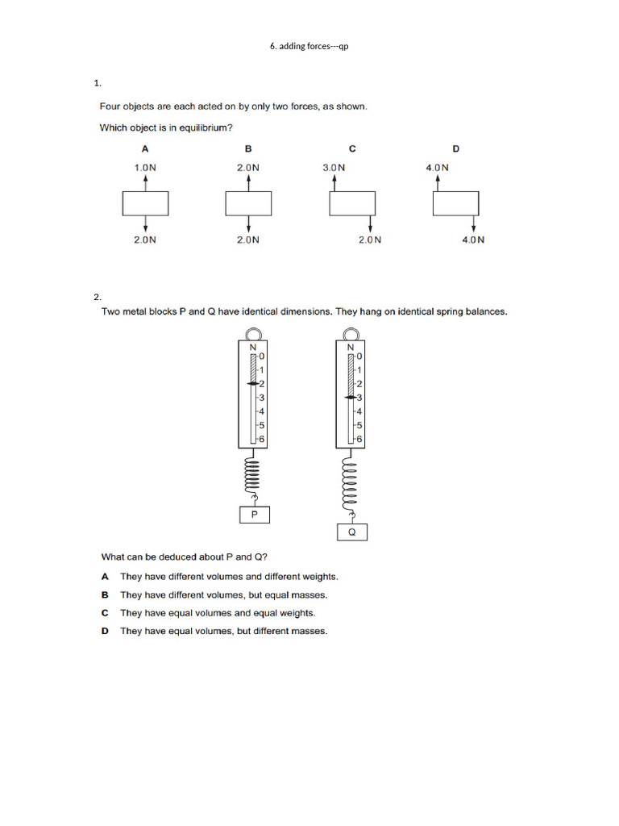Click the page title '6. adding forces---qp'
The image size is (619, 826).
[x=309, y=46]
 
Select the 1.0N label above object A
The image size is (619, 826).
[x=145, y=167]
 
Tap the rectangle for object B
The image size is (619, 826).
[x=248, y=203]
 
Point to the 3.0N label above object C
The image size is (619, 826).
[x=334, y=167]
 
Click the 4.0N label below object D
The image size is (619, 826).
[x=473, y=240]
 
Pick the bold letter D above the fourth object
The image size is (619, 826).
[x=456, y=149]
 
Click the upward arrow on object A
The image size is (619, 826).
[x=145, y=183]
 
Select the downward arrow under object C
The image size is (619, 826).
[x=370, y=224]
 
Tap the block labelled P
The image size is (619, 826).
[x=254, y=515]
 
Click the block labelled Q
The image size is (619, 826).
[x=351, y=533]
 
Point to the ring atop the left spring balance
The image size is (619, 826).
[x=252, y=334]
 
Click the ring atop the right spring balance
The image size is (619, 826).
[x=350, y=334]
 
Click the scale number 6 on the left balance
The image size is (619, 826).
[x=261, y=439]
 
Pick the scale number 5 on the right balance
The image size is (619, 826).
[x=359, y=425]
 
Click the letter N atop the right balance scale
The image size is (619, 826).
[x=351, y=348]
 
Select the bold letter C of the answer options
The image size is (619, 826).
[x=105, y=613]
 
